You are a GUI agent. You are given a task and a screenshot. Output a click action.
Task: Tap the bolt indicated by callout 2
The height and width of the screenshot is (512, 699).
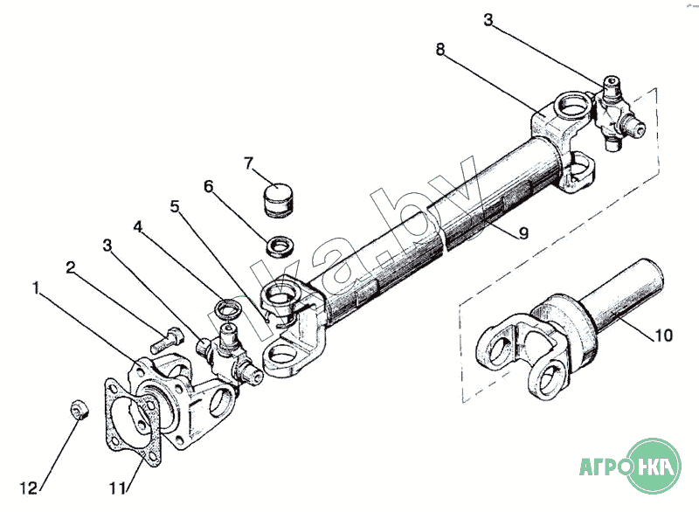pyautogui.click(x=167, y=338)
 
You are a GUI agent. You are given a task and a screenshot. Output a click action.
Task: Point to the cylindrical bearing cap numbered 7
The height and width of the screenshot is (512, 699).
pyautogui.click(x=277, y=198)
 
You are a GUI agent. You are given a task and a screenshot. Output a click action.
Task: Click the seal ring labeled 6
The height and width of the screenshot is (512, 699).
pyautogui.click(x=280, y=246)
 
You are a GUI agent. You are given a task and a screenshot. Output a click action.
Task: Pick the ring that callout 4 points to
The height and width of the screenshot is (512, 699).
pyautogui.click(x=228, y=309)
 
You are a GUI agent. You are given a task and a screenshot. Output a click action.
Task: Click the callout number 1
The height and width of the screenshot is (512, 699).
pyautogui.click(x=36, y=288)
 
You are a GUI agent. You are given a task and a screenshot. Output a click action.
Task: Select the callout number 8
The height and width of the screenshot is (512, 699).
pyautogui.click(x=440, y=50)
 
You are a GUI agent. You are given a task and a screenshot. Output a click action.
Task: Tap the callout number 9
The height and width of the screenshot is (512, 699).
pyautogui.click(x=523, y=232)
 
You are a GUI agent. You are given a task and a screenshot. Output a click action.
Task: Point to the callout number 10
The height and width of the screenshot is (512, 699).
pyautogui.click(x=663, y=336)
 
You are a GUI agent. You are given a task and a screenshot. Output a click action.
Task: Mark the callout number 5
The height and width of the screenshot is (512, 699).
pyautogui.click(x=174, y=206)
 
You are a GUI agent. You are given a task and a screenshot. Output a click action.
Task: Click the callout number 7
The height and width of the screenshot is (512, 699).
pyautogui.click(x=248, y=163)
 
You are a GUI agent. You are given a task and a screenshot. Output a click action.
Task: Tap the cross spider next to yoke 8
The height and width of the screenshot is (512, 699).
pyautogui.click(x=618, y=113)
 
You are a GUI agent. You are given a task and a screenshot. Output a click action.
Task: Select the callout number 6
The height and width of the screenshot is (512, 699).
pyautogui.click(x=209, y=186)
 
